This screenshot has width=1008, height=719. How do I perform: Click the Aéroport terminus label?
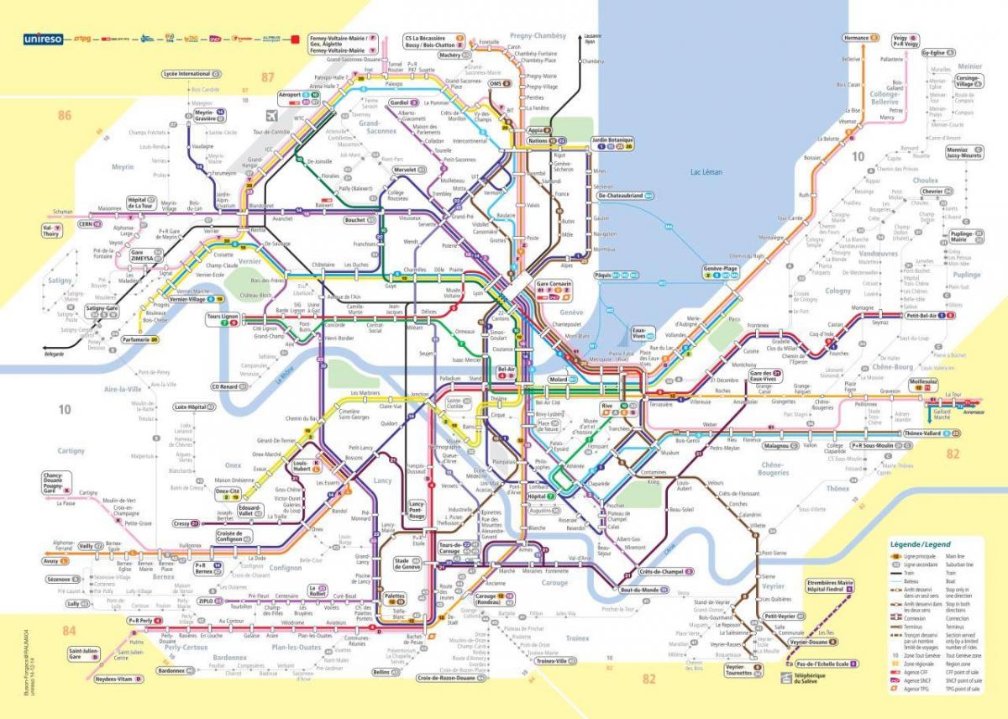coord(290,96)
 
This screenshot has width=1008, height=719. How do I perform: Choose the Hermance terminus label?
coord(857,39)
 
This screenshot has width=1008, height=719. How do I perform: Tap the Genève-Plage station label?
coord(720,268)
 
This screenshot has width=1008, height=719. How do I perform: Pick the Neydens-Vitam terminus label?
coord(113,678)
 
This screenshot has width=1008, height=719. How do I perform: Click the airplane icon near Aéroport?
coord(270,115)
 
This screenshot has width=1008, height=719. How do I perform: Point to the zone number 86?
coord(65,115)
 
